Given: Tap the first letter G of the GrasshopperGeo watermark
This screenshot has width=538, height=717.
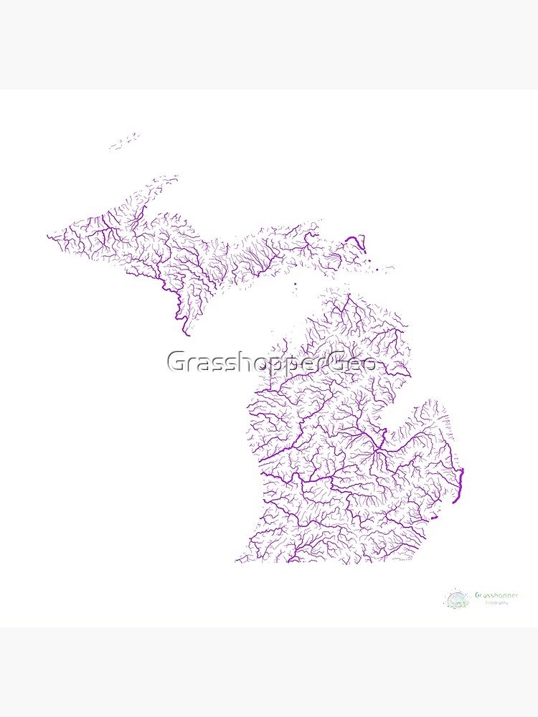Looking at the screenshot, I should point(176,362).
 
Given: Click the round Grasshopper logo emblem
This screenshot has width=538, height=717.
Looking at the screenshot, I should point(456,599).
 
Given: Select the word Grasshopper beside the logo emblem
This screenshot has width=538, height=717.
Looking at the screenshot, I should point(496,595).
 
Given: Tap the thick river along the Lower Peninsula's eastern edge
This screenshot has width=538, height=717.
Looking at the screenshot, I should point(461,485).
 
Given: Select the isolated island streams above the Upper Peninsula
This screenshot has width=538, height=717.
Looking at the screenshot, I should point(126,141).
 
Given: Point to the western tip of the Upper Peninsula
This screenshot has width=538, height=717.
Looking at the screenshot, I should point(49,236).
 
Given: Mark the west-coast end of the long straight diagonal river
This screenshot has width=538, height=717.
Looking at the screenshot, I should point(260,461).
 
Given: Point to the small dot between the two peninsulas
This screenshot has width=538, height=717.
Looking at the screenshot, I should point(295,283).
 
